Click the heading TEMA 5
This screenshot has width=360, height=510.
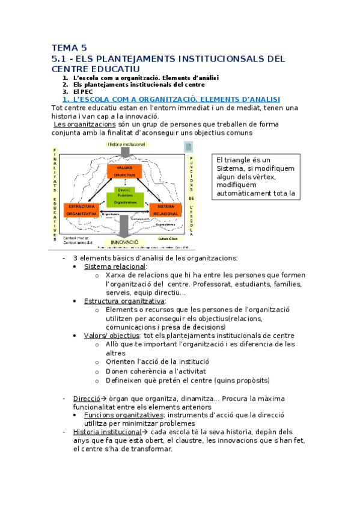click(69, 48)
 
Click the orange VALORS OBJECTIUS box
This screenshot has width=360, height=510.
click(124, 170)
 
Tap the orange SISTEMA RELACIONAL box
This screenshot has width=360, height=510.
click(166, 210)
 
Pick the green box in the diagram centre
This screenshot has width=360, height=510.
click(124, 197)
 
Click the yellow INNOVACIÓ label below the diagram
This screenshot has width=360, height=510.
click(124, 241)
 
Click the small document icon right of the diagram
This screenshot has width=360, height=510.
click(188, 147)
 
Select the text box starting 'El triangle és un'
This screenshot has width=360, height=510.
click(255, 176)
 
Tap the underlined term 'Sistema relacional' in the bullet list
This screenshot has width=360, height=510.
click(115, 266)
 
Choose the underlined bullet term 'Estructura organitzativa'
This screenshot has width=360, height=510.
click(124, 301)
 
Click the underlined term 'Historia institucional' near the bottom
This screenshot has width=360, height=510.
click(105, 432)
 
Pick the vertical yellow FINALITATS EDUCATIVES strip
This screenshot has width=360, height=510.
click(55, 193)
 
